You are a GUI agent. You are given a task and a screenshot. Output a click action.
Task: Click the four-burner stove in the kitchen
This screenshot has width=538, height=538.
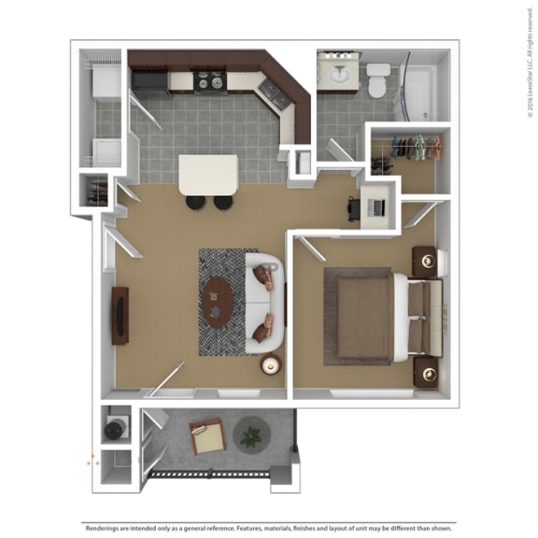click(207, 82)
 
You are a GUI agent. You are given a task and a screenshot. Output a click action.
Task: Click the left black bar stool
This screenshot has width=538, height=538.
click(195, 202)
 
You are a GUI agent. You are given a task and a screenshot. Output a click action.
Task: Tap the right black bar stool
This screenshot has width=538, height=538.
click(223, 202)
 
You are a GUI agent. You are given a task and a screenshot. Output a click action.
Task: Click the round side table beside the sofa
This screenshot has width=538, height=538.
click(271, 365)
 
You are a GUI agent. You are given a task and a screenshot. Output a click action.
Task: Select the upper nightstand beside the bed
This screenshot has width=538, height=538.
click(426, 261)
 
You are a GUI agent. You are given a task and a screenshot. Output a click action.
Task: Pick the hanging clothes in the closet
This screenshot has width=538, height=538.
click(411, 147)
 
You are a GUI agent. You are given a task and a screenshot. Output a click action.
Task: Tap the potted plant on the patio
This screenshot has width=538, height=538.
click(251, 435)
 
